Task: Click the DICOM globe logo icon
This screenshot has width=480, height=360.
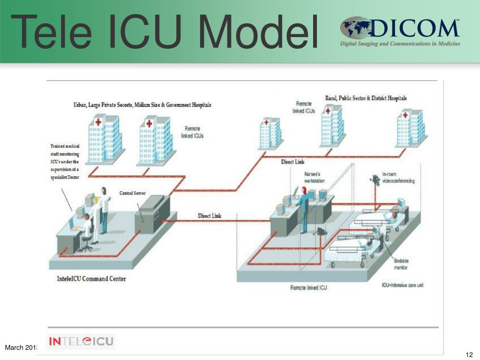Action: (x=355, y=28)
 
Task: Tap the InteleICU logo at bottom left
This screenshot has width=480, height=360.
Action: (x=81, y=341)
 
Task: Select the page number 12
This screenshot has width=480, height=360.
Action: (x=468, y=354)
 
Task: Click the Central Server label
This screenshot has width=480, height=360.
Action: (x=133, y=193)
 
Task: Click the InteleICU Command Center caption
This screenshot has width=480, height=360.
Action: (x=88, y=279)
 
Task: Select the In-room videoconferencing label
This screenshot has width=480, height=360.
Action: (x=398, y=178)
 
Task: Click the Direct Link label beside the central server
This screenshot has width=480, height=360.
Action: (x=209, y=216)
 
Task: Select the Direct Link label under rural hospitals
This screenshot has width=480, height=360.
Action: (x=292, y=162)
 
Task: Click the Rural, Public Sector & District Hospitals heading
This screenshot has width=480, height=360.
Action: (x=366, y=98)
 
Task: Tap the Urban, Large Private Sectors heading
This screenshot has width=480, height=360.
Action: (x=142, y=105)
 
